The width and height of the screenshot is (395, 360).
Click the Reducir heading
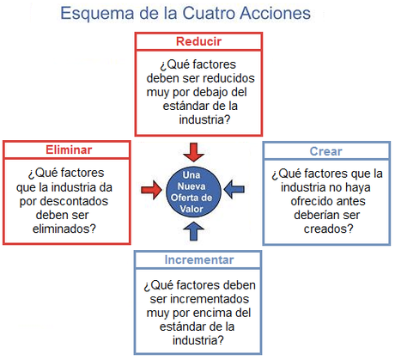pos(198,41)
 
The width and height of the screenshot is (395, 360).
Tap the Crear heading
pos(326,151)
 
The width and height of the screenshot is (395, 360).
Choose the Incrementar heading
pos(198,259)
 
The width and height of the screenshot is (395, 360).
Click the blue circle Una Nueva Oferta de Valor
pos(196,186)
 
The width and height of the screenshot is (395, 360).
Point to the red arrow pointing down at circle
pos(196,151)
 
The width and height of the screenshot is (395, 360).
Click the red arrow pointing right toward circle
pos(153,186)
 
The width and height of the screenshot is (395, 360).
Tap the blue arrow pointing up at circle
pos(196,228)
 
